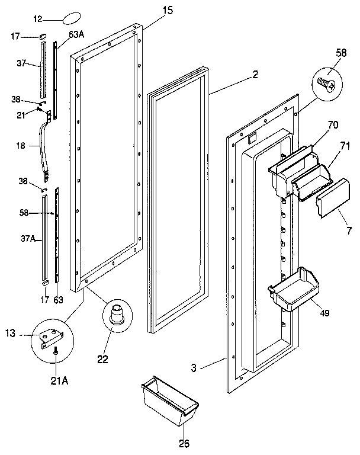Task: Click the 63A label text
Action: click(76, 35)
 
